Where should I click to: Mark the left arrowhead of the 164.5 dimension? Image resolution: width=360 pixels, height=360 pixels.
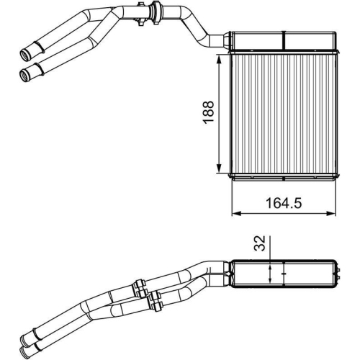[x=235, y=213]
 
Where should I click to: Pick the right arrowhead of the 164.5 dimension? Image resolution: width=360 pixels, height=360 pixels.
[x=332, y=213]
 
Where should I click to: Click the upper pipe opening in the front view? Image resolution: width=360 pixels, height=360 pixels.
[x=28, y=53]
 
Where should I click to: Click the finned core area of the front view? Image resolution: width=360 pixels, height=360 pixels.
[x=282, y=115]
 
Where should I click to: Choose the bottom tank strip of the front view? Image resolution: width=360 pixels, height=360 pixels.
[x=282, y=175]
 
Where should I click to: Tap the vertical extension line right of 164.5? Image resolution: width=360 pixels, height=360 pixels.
[x=335, y=198]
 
